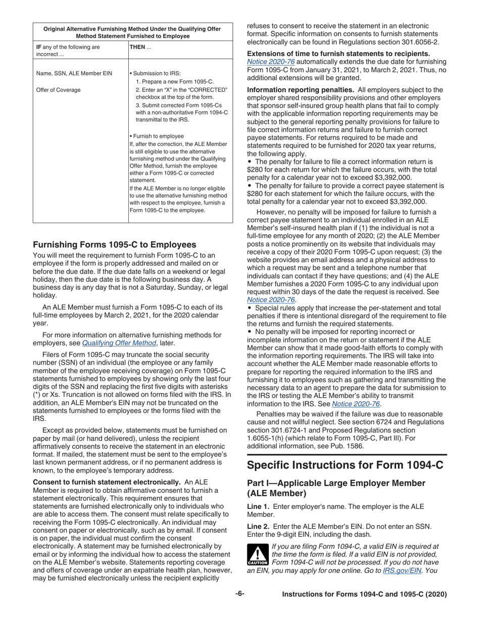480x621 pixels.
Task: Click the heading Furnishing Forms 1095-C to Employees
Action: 114,244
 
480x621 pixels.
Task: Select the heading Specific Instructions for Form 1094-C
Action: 345,464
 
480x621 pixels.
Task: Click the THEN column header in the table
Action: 137,47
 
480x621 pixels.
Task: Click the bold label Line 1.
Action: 258,506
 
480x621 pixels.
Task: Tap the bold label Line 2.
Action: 258,526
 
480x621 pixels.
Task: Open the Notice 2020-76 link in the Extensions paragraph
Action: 267,62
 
